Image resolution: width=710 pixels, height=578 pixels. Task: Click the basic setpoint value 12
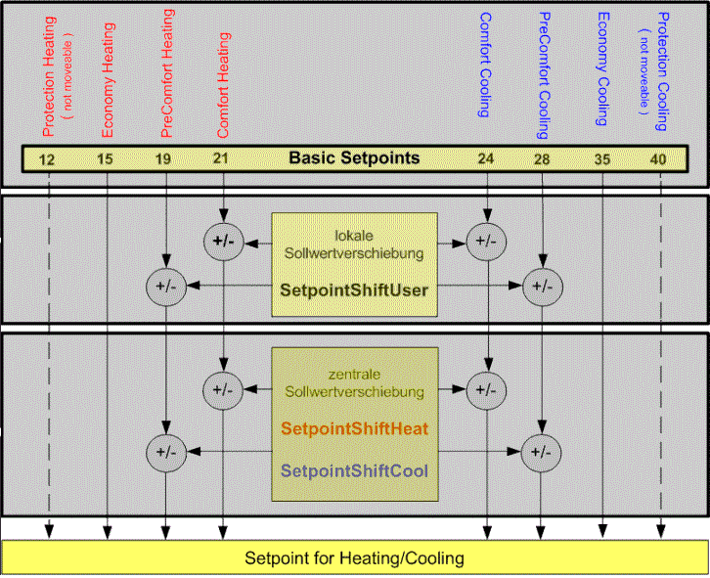coord(47,158)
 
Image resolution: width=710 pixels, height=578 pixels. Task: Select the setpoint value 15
coord(106,158)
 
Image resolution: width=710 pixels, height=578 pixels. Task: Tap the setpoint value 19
coord(165,158)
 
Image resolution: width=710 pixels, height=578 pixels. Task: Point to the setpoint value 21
coord(224,158)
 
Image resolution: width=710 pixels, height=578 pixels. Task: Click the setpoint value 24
coord(486,158)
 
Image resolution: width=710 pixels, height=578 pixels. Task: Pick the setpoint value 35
coord(602,158)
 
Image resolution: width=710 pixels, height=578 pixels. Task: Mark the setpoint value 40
coord(661,158)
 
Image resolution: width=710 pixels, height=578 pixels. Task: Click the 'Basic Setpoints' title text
coord(354,157)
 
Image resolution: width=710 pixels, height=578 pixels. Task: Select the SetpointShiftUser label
coord(353,289)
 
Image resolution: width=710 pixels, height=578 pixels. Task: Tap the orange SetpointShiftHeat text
coord(353,428)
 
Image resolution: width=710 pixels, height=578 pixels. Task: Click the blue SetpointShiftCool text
coord(353,470)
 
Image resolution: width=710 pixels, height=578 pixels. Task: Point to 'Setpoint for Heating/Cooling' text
coord(354,559)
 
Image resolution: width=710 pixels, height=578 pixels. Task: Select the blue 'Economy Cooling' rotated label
coord(603,69)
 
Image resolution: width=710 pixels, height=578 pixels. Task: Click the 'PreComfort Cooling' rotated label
coord(545,73)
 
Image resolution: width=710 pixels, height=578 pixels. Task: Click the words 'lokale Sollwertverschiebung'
coord(353,245)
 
